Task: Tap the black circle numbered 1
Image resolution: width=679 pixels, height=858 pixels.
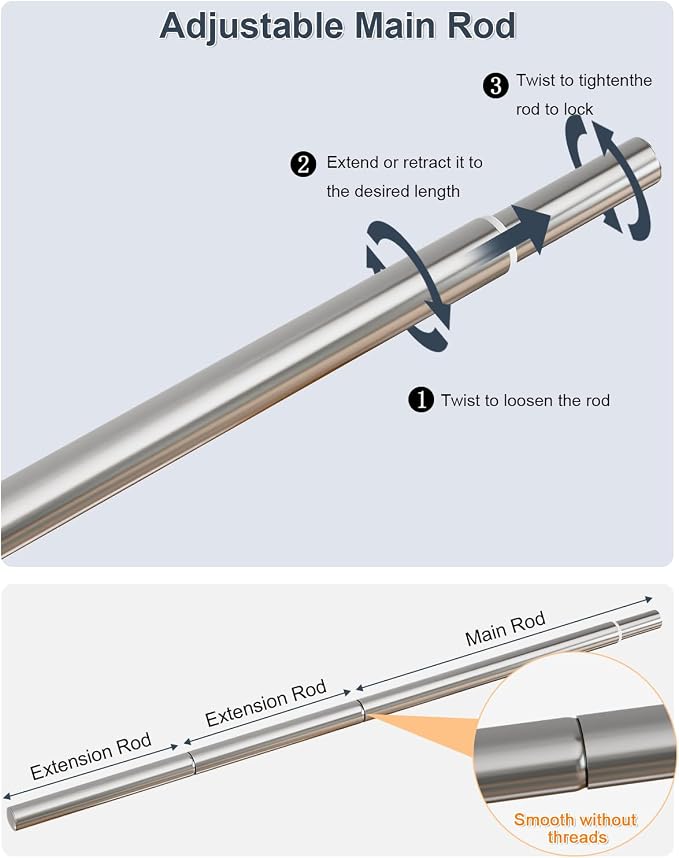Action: point(421,400)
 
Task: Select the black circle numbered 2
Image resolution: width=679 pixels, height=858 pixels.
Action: point(303,164)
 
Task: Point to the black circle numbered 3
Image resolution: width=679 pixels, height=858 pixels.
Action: point(495,86)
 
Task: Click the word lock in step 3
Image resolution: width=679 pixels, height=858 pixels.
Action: point(579,109)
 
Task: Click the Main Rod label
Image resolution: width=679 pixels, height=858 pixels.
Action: point(506,629)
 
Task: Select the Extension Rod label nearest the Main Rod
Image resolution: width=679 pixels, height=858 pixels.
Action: point(266,703)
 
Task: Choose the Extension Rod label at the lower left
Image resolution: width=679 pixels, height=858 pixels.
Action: point(91,757)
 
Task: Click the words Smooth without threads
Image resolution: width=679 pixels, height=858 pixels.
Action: point(576,828)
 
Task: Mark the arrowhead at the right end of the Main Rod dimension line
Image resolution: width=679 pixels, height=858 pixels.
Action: point(649,599)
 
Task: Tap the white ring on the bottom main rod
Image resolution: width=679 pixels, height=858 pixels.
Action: point(617,633)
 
